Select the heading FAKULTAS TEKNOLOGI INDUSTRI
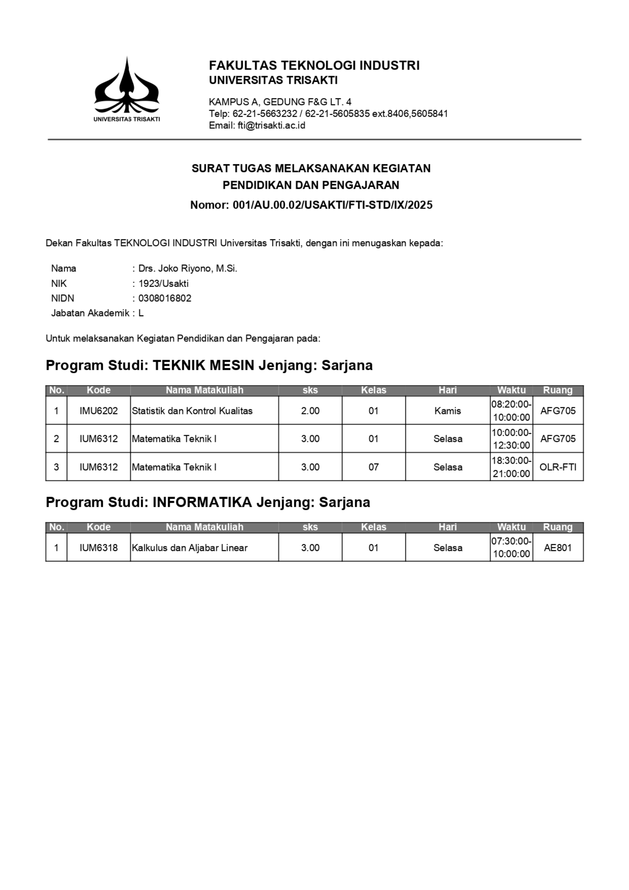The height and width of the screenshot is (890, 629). coord(314,66)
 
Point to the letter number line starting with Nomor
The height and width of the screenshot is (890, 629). coord(311,205)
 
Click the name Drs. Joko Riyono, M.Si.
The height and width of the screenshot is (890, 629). coord(187,269)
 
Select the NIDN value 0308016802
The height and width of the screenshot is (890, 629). coord(165,299)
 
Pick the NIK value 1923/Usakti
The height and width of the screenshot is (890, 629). coord(163,284)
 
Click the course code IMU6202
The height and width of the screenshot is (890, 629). coord(98,411)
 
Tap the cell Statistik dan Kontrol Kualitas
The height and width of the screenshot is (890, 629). coord(192,411)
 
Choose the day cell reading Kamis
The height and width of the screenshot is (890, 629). coord(448,411)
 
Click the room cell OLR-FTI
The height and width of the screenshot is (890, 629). coord(558,467)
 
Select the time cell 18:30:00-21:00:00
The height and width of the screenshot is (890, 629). coord(511,467)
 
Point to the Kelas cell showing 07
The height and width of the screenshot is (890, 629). coord(374,467)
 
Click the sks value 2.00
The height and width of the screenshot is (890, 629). coord(310,411)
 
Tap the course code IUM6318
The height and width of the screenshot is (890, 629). coord(98,548)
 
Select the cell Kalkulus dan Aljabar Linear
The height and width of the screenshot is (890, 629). coord(190,548)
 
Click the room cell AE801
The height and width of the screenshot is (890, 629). coord(558,548)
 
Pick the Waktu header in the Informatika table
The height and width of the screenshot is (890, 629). coord(511,527)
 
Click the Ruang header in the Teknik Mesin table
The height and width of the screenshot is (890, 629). coord(558,390)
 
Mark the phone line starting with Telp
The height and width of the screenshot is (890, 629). coord(328,114)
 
